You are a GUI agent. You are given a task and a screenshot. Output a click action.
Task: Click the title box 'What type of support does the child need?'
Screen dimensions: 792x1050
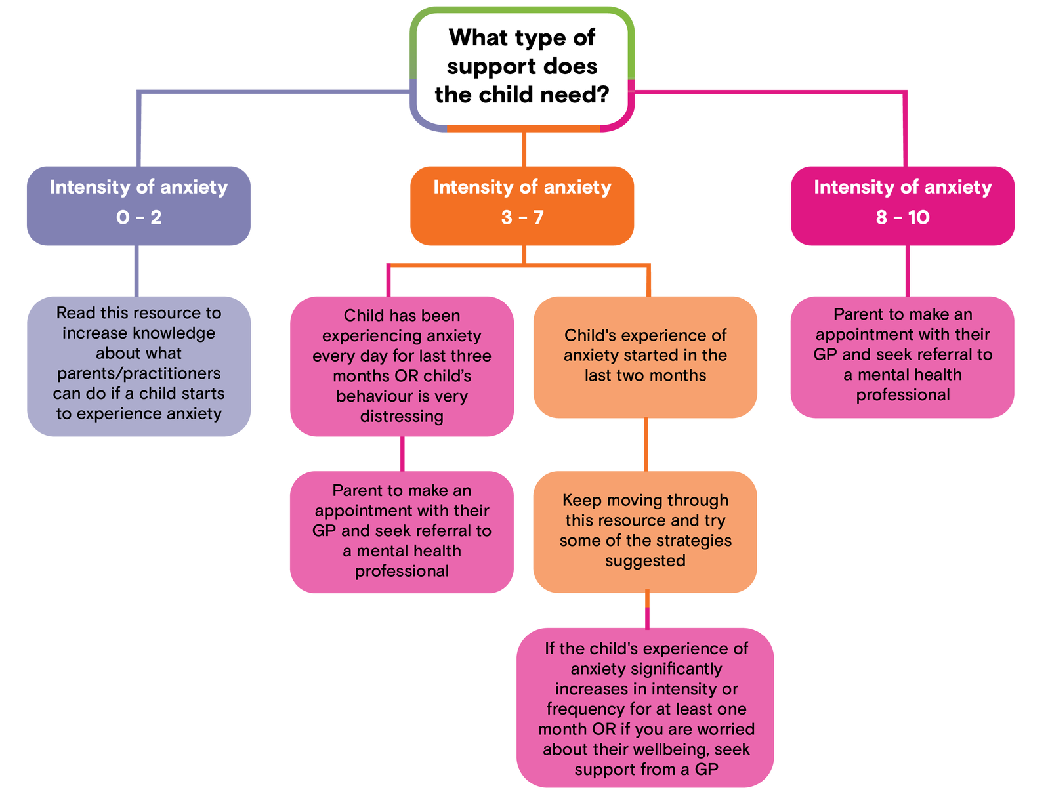pos(522,67)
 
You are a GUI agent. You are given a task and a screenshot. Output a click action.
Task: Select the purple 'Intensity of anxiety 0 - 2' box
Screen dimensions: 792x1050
pos(138,205)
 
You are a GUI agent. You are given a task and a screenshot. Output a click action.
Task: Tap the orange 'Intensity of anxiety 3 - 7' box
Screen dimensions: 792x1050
pos(522,205)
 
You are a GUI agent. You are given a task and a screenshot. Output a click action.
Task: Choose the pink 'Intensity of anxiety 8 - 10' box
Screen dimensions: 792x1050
pos(902,205)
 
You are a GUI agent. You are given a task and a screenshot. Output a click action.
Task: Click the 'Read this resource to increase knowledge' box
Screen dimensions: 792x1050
pos(138,365)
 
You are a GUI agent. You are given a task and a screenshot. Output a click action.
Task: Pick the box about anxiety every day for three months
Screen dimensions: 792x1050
pos(402,365)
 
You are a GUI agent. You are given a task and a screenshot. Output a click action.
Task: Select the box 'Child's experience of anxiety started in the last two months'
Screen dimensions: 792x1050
pos(645,356)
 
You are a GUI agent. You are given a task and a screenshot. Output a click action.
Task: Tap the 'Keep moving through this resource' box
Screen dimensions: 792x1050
pos(645,530)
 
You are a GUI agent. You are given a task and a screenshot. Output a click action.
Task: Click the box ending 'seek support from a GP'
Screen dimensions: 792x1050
pos(645,709)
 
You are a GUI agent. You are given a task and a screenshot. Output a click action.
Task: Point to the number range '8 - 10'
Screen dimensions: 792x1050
pos(902,217)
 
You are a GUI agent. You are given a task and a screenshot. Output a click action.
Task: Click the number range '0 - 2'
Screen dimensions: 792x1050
pos(138,217)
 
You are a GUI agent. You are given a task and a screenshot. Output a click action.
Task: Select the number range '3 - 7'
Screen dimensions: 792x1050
pos(522,217)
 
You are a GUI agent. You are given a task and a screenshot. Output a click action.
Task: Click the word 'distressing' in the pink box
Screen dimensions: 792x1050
pos(402,417)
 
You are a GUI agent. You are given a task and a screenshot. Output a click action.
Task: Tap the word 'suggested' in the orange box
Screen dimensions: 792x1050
pos(645,561)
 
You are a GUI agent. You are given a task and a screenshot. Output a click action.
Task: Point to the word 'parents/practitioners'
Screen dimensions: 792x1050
pos(138,373)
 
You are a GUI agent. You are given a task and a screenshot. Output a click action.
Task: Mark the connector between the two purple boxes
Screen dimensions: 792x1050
pos(137,270)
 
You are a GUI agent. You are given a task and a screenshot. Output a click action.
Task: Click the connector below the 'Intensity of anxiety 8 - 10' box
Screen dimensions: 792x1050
pos(908,270)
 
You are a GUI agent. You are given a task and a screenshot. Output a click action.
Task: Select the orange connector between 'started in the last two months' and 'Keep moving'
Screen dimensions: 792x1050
pos(646,444)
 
